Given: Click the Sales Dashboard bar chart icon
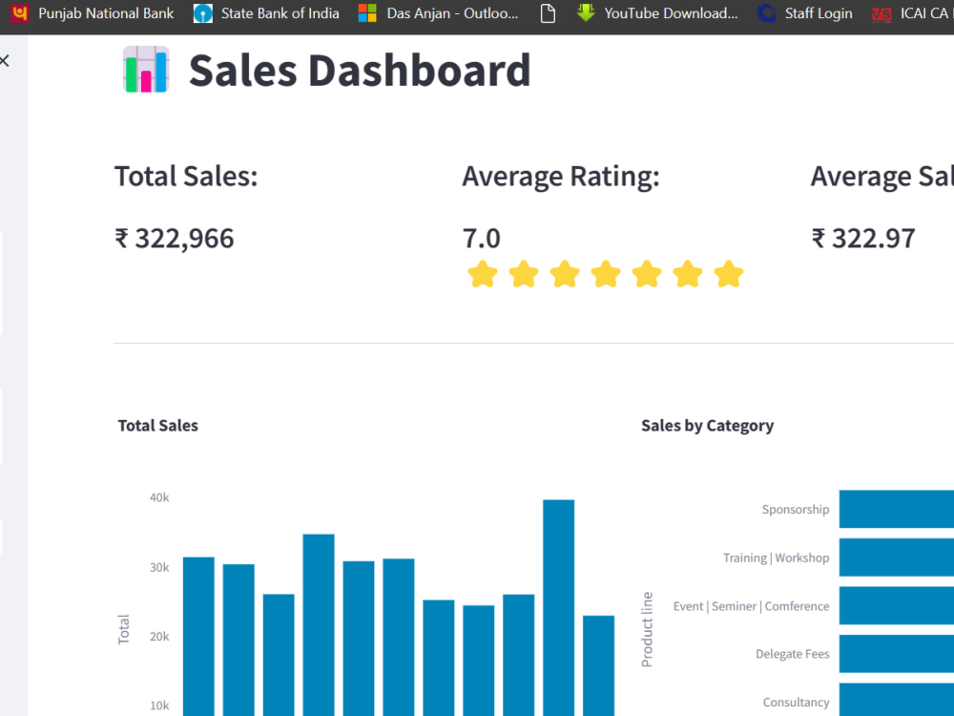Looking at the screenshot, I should pos(146,70).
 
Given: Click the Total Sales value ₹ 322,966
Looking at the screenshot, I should pos(174,239).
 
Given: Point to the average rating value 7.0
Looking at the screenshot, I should pos(481,239).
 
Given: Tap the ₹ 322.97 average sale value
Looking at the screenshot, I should pos(863,239).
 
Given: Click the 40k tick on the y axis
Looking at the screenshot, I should pos(159,497).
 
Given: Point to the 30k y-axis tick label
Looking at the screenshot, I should pos(159,567).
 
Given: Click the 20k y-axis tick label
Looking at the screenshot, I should pos(159,637).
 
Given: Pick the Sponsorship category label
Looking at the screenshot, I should pos(795,510).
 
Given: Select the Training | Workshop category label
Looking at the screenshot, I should pos(776,558).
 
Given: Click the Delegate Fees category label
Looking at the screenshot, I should pos(792,654).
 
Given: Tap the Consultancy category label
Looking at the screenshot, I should pos(796,703).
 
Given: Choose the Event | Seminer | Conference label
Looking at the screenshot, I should pos(751,606).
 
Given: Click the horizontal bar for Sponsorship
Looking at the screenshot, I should pos(896,509).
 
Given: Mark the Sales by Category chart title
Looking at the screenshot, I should pos(707,426).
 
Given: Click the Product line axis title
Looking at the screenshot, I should pos(648,629).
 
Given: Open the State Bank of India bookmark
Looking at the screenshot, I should pos(267,13).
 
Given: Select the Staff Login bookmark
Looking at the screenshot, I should pos(805,13).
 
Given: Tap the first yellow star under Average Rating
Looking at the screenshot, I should pos(483,275).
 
